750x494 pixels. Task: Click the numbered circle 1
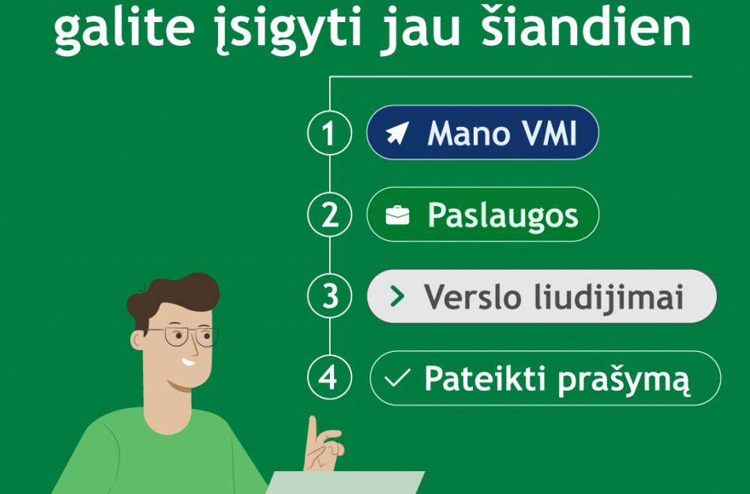coord(328,133)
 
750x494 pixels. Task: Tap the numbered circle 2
coord(328,215)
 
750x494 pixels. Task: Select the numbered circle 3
coord(328,297)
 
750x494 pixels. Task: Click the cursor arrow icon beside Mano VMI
coord(397,133)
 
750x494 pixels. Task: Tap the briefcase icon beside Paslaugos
coord(397,215)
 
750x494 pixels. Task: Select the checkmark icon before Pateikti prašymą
coord(396,379)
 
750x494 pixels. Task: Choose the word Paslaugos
coord(503,215)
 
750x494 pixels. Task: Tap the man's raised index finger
coord(313,430)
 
